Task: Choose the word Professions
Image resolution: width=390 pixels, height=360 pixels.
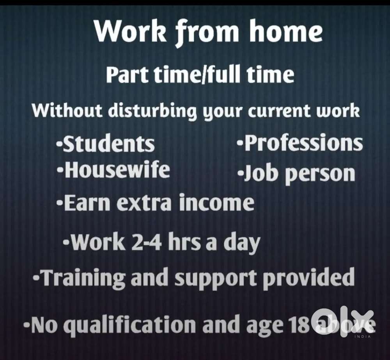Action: point(303,143)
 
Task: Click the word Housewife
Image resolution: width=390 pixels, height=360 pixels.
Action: point(117,170)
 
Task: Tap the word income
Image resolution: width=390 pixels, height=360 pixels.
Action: point(217,203)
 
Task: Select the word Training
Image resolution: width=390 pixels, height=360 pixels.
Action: point(83,278)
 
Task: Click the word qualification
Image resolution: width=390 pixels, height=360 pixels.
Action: point(130,325)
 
